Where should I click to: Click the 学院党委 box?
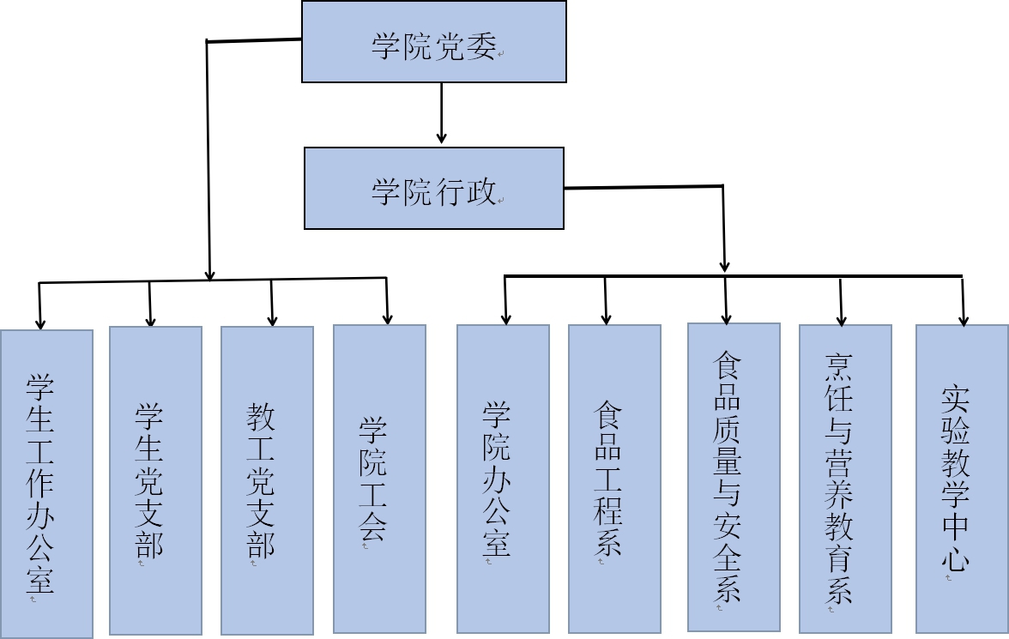(434, 42)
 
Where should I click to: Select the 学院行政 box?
(434, 188)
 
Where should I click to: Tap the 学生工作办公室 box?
(46, 484)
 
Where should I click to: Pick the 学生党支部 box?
(155, 480)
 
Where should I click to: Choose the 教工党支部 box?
(267, 480)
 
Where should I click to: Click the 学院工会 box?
(379, 479)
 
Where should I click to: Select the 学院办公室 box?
(503, 479)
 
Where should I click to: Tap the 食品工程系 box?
(614, 479)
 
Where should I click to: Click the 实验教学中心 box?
(962, 479)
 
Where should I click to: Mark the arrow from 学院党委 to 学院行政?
(442, 112)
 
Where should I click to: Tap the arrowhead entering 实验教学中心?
(964, 320)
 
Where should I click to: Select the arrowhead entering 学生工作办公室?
(39, 323)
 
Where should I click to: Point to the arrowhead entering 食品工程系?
(607, 319)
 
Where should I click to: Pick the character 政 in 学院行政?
(481, 191)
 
